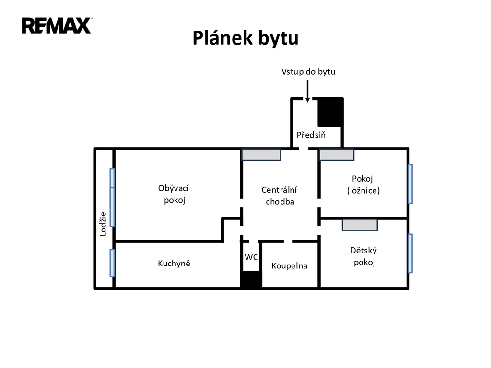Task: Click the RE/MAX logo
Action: point(56,25)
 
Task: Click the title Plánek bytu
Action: point(245,38)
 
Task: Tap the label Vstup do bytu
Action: point(308,72)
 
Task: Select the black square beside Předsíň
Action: point(331,112)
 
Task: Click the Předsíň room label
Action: point(311,135)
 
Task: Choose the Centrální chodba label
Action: point(280,195)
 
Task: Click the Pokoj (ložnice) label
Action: point(363,184)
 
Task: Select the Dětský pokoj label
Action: point(364,256)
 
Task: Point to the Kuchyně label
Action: point(174,263)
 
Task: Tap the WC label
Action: point(251,257)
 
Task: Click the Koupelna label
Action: point(289,265)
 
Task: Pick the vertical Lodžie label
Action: point(103,224)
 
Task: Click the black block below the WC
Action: point(251,280)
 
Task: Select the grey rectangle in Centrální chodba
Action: point(261,154)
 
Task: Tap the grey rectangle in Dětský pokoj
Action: point(360,225)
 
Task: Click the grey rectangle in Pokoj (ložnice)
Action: point(337,154)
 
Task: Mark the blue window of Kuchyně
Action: point(112,263)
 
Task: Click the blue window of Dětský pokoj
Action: point(410,253)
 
